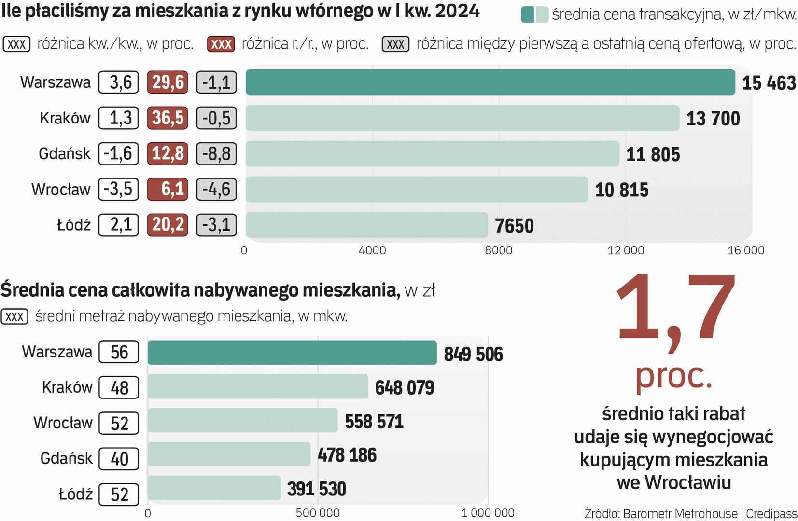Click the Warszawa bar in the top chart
point(490,82)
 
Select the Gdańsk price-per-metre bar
point(432,153)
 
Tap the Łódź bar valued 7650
point(366,225)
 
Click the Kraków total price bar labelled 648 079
point(258,386)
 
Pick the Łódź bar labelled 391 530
point(214,488)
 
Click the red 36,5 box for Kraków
point(168,118)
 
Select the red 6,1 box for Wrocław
point(168,189)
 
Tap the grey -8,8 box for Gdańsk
point(216,154)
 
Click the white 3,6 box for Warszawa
point(119,82)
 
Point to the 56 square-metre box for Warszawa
point(119,352)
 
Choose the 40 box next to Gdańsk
point(119,459)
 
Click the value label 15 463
point(769,83)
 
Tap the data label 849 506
point(473,354)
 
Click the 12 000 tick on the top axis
point(625,250)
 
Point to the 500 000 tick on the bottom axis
point(318,513)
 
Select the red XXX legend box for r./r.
point(221,44)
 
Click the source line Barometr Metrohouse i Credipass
point(690,513)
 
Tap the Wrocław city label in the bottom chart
point(63,423)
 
